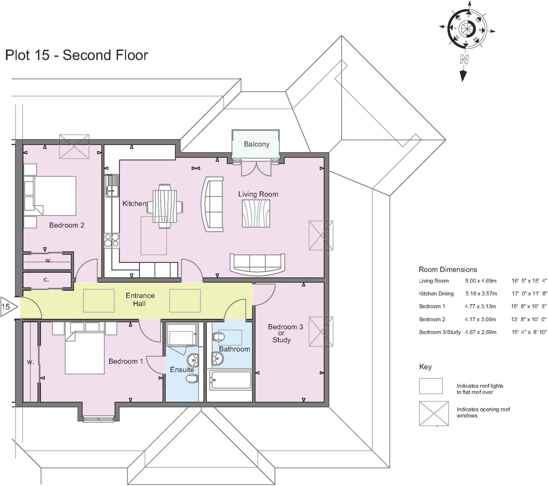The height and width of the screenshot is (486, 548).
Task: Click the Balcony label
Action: click(256, 144)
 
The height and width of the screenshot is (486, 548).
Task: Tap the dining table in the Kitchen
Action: click(165, 206)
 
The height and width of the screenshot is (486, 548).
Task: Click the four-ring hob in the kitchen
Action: click(112, 240)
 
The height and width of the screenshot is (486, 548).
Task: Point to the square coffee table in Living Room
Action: click(256, 214)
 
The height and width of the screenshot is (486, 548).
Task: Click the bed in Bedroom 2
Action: click(54, 196)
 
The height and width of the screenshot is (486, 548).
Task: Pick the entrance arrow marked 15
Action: click(8, 307)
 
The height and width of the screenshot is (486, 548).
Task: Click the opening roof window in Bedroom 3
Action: click(321, 332)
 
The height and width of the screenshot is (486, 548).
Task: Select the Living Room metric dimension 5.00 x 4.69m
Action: click(481, 281)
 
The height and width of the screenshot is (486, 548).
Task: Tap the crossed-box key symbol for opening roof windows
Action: click(433, 414)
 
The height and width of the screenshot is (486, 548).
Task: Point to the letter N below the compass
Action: click(464, 59)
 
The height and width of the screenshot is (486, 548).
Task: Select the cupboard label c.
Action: click(46, 280)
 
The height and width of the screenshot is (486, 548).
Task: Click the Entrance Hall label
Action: click(140, 300)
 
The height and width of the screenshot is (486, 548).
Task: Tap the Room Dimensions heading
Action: click(448, 270)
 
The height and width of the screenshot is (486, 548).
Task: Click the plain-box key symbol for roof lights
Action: click(431, 386)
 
